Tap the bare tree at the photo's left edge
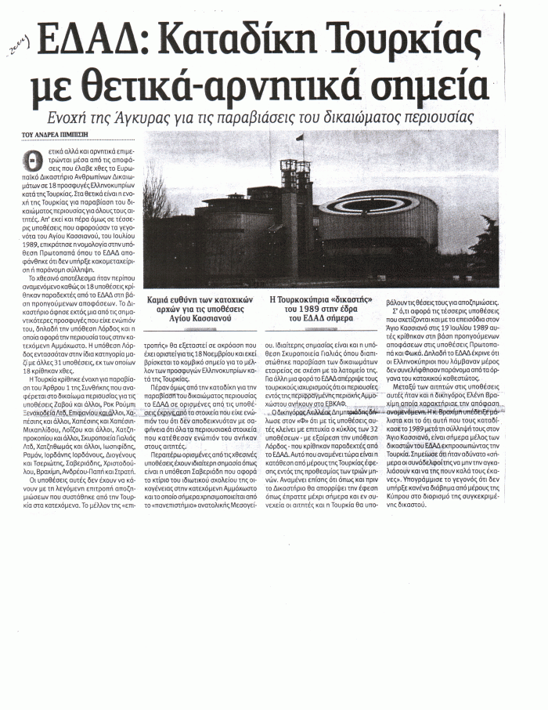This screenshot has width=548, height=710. click(156, 188)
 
